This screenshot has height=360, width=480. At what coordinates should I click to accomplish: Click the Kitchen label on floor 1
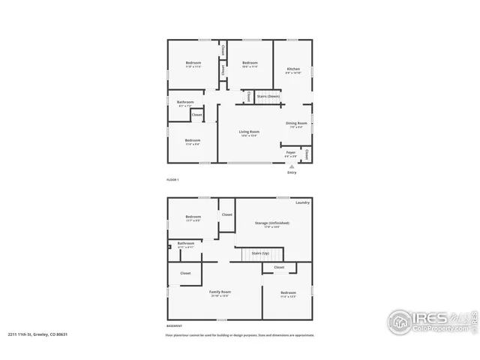pyautogui.click(x=292, y=69)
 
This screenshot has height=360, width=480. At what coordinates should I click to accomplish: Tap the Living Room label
pyautogui.click(x=249, y=133)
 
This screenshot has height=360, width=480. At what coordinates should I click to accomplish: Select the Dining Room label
pyautogui.click(x=296, y=124)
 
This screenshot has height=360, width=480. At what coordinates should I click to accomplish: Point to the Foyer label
pyautogui.click(x=291, y=152)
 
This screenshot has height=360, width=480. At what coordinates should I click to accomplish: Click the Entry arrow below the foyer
pyautogui.click(x=291, y=166)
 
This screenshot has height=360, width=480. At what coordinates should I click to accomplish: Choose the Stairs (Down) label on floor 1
pyautogui.click(x=268, y=96)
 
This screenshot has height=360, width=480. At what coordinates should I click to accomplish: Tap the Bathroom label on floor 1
pyautogui.click(x=185, y=103)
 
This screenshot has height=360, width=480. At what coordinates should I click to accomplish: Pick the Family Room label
pyautogui.click(x=220, y=292)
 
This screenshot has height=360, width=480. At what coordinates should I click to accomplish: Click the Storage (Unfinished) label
pyautogui.click(x=271, y=223)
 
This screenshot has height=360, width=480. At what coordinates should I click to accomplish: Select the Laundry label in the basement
pyautogui.click(x=303, y=202)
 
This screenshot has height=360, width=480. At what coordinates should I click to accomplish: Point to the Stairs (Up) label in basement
pyautogui.click(x=260, y=253)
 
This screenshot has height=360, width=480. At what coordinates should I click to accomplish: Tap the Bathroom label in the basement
pyautogui.click(x=185, y=244)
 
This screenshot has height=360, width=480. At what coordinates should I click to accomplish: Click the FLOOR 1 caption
pyautogui.click(x=172, y=181)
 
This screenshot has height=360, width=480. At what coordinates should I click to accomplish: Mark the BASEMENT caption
pyautogui.click(x=174, y=326)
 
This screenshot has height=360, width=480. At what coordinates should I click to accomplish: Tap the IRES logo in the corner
pyautogui.click(x=430, y=320)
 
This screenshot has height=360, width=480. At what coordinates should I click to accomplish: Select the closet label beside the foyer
pyautogui.click(x=307, y=154)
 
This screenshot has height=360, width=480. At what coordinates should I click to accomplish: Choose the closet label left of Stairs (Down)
pyautogui.click(x=248, y=97)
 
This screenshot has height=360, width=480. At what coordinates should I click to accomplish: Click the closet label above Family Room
pyautogui.click(x=185, y=274)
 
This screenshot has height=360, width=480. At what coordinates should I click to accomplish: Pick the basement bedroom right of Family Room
pyautogui.click(x=289, y=293)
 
